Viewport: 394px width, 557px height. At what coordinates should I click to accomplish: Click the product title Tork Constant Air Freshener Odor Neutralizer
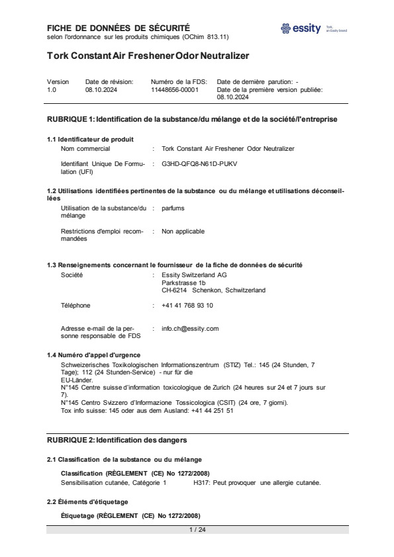click(x=148, y=56)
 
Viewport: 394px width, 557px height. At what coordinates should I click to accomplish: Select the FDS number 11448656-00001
click(x=174, y=89)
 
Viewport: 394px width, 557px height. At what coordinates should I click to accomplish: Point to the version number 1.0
click(x=52, y=89)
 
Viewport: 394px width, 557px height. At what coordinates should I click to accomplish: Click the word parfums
click(x=173, y=208)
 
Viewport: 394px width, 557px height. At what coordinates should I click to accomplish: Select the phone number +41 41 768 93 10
click(x=187, y=306)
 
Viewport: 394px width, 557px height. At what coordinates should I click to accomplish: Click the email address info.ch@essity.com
click(x=190, y=328)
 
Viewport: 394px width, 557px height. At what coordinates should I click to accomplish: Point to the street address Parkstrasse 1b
click(x=179, y=282)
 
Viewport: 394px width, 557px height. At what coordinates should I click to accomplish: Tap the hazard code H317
click(x=203, y=482)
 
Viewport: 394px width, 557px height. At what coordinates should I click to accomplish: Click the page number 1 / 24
click(x=197, y=529)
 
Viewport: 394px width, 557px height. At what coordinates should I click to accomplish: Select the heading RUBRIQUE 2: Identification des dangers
click(x=117, y=440)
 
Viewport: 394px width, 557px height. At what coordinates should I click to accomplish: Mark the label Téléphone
click(x=75, y=306)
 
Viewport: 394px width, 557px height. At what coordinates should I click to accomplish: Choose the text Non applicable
click(x=183, y=232)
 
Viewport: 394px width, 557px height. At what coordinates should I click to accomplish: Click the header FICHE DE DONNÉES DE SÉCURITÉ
click(x=118, y=28)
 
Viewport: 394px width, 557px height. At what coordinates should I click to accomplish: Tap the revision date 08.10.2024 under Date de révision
click(x=101, y=89)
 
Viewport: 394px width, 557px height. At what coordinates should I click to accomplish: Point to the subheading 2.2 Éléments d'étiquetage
click(x=87, y=502)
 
